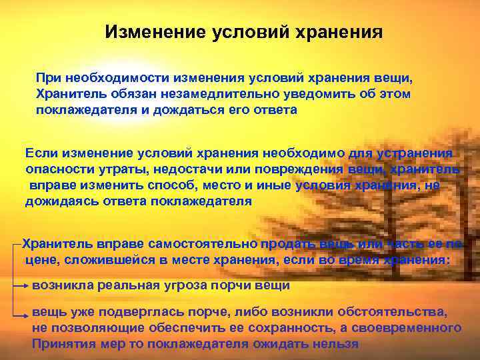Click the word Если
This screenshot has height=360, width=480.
point(39,154)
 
